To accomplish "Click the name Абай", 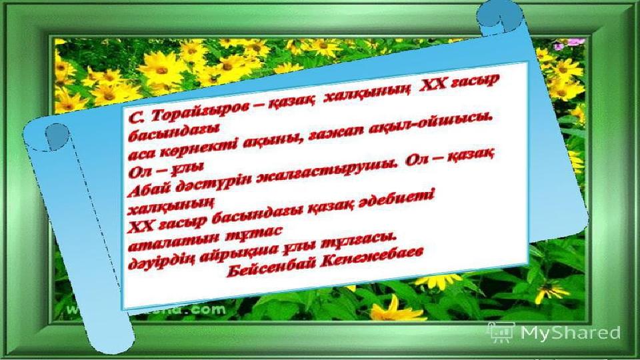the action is click(149, 189).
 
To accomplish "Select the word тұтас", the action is click(253, 233).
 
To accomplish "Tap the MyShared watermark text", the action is click(571, 333).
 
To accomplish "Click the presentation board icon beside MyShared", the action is click(501, 332).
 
